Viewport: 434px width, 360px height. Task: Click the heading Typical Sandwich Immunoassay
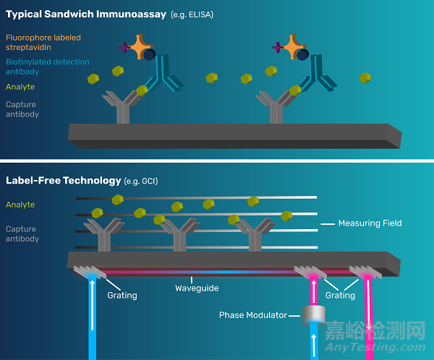coord(86,14)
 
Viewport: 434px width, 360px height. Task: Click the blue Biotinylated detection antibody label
coord(47,67)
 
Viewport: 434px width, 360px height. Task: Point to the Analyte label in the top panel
coord(20,87)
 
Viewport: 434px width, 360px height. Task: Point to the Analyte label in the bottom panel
coord(20,205)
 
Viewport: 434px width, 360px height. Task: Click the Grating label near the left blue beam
coord(122,295)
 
